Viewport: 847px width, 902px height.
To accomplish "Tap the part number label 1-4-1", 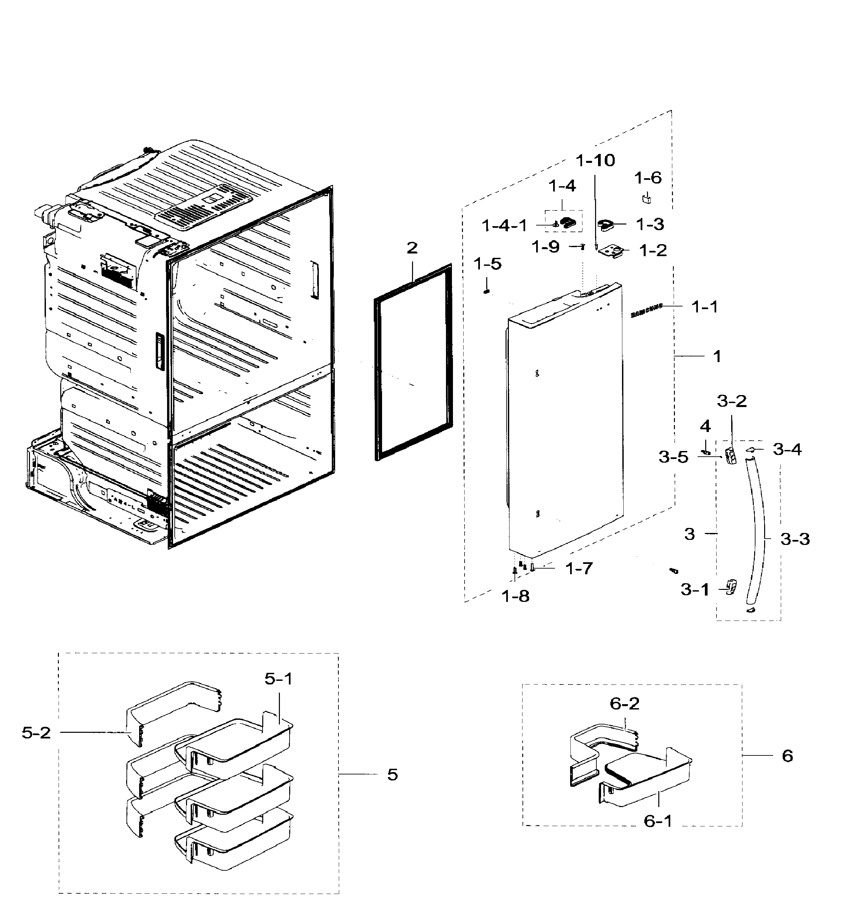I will click(504, 225).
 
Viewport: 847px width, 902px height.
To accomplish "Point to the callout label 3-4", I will click(787, 450).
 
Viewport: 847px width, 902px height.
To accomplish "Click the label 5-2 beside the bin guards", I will click(36, 733).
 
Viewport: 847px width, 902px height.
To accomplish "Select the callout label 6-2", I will click(624, 704).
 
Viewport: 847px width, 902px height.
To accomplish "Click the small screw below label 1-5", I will click(487, 291).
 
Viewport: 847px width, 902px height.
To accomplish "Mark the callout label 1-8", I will click(516, 596).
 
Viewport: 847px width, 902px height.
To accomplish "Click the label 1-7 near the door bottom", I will click(579, 568).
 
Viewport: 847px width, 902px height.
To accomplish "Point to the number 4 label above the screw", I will click(705, 426).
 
